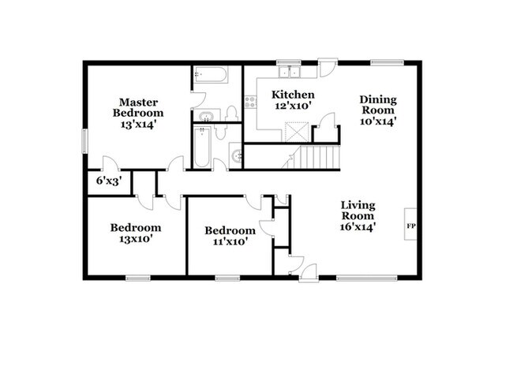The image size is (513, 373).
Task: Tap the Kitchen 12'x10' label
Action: tap(294, 100)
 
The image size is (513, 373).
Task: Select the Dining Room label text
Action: tap(377, 110)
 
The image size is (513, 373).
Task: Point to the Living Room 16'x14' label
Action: tap(358, 215)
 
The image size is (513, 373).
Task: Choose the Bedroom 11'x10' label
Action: tap(230, 236)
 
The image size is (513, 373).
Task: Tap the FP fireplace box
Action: tap(410, 227)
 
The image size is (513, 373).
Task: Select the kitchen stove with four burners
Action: tap(251, 102)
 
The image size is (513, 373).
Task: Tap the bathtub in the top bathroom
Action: tap(210, 76)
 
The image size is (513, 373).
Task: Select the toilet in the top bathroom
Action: tap(231, 113)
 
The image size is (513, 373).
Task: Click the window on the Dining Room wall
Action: tap(387, 62)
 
